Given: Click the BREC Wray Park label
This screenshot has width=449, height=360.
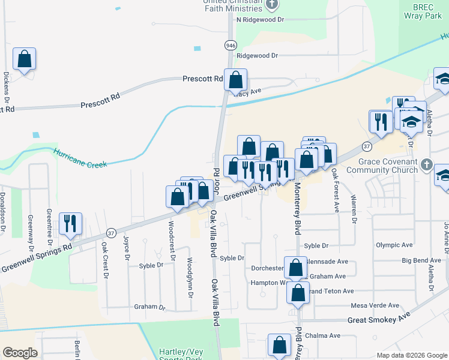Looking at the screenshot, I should [x=427, y=11].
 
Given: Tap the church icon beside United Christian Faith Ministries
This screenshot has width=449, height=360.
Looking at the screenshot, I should [x=272, y=5].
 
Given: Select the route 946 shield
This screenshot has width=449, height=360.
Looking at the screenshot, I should [x=231, y=46].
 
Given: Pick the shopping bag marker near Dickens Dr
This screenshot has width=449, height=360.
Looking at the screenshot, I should [x=24, y=59].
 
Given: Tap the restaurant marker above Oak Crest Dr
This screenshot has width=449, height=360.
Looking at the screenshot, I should [x=70, y=224].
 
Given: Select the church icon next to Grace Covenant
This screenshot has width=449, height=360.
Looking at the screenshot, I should [x=426, y=164].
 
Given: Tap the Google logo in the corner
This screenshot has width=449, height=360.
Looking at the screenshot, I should [x=20, y=353].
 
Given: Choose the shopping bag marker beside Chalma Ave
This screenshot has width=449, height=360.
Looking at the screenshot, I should [x=279, y=345].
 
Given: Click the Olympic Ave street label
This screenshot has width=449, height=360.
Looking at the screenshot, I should [x=394, y=245].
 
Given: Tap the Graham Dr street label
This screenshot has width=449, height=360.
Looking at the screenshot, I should [x=149, y=307].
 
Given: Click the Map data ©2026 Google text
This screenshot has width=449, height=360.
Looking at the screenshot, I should [x=411, y=355].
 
